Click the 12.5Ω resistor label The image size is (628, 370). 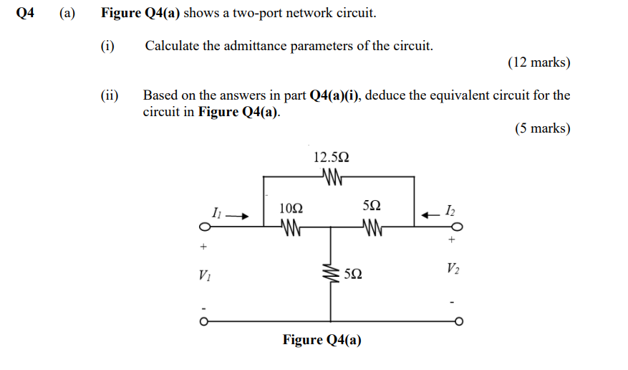(x=332, y=157)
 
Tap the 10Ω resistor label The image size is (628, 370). (x=291, y=208)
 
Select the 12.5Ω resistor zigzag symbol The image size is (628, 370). (x=331, y=176)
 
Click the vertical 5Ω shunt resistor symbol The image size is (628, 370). (x=331, y=273)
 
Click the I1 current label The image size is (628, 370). (x=217, y=212)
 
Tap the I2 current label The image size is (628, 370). (x=449, y=210)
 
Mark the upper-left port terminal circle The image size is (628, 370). (x=204, y=228)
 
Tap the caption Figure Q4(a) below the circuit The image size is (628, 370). (x=322, y=340)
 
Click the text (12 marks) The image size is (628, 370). (x=538, y=63)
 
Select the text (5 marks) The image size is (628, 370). (x=542, y=129)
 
